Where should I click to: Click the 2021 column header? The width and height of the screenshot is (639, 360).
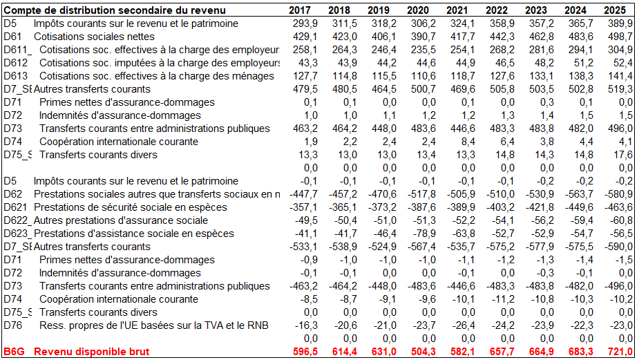[457, 10]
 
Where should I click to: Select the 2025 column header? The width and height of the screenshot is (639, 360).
[615, 10]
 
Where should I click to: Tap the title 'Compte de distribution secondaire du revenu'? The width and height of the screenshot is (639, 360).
[115, 10]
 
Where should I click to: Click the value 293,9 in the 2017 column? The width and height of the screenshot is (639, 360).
[305, 23]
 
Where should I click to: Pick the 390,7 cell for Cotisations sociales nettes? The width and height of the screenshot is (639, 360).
[423, 37]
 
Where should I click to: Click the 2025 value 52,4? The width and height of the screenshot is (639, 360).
[622, 63]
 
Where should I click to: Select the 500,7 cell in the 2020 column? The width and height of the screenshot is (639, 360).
[423, 89]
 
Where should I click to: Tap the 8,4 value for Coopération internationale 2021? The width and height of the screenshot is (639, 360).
[468, 142]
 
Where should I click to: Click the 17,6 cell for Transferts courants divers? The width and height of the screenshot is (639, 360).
[622, 155]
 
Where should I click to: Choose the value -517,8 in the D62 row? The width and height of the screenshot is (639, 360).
[421, 194]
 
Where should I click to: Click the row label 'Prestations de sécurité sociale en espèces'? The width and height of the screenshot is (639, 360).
[131, 207]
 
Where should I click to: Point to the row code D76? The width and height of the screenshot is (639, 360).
[13, 325]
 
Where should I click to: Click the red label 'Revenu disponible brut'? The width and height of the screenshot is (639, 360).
[92, 352]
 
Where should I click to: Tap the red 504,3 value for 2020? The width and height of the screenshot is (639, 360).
[423, 352]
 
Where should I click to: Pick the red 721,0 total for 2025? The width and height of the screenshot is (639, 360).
[620, 352]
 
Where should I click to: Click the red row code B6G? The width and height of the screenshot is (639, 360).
[15, 352]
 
